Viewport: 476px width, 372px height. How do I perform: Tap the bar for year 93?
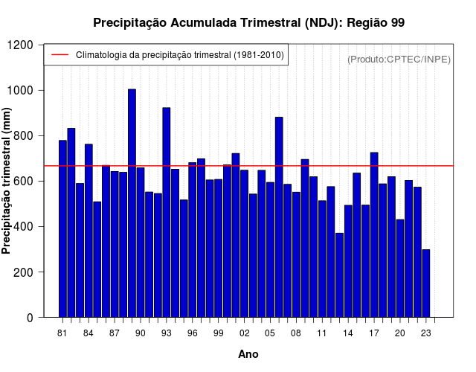click(167, 212)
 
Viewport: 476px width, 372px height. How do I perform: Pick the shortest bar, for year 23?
click(426, 283)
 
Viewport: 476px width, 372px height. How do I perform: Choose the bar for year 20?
click(400, 268)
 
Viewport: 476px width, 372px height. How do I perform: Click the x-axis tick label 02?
click(245, 333)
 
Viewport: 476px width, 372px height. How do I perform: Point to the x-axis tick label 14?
click(348, 333)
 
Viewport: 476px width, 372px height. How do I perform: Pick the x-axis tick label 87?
click(115, 333)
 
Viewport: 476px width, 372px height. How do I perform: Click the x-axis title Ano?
click(248, 354)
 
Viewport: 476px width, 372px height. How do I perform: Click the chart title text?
click(248, 22)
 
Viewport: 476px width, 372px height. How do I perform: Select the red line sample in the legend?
click(59, 55)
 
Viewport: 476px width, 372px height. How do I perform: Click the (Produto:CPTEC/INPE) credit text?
click(399, 59)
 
